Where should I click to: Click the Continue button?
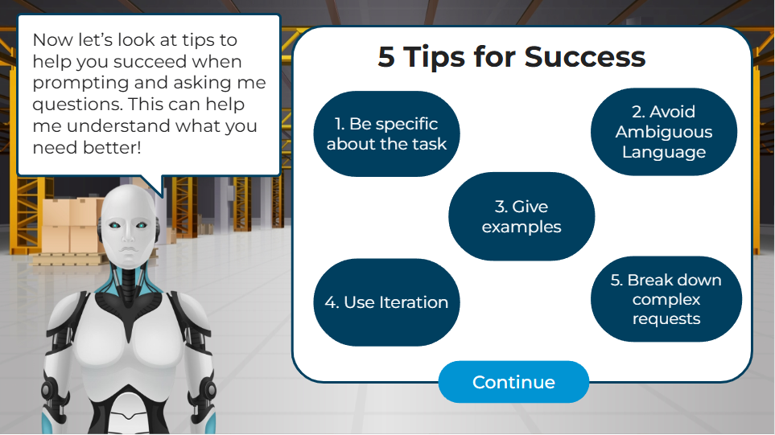(x=513, y=382)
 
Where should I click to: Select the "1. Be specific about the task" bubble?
(x=386, y=133)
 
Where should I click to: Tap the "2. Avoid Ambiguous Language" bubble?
(x=664, y=132)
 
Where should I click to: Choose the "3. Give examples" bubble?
(x=521, y=216)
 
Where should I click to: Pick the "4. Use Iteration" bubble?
(x=386, y=302)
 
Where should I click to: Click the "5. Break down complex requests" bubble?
(x=666, y=299)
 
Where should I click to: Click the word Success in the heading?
(x=585, y=57)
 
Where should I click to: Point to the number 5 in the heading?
(x=386, y=57)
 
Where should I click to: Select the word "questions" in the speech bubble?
(x=77, y=105)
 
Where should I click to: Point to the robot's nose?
(x=129, y=236)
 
